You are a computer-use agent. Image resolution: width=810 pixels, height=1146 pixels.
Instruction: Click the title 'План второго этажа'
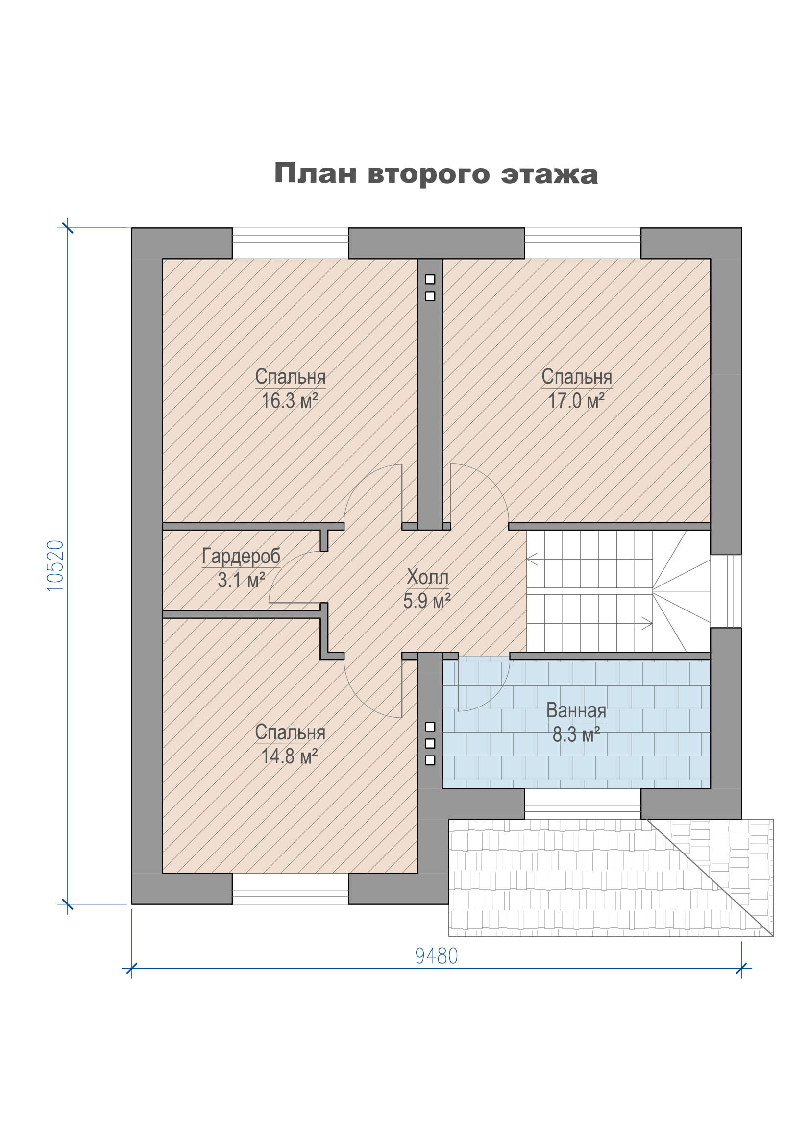[x=436, y=174]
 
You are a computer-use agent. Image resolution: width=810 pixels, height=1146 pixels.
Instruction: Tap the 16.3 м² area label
[x=290, y=401]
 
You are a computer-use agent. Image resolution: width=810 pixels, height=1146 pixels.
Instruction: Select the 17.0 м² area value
[x=576, y=401]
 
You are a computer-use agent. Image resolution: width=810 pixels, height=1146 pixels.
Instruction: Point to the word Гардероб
[x=241, y=557]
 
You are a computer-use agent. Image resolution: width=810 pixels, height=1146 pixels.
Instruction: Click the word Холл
[x=428, y=577]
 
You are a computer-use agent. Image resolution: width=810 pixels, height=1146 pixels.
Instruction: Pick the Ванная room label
[x=576, y=710]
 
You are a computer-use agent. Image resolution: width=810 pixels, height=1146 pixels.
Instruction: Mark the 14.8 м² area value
[x=290, y=756]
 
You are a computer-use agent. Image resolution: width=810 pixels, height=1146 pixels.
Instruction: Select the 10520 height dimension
[x=55, y=566]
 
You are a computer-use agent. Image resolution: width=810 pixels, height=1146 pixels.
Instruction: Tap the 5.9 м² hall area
[x=427, y=601]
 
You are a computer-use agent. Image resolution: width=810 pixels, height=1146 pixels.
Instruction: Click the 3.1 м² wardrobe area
[x=242, y=581]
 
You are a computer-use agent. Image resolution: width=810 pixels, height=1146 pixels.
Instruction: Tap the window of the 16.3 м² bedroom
[x=290, y=243]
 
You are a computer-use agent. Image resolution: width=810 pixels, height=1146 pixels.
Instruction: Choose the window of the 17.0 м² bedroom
[x=583, y=243]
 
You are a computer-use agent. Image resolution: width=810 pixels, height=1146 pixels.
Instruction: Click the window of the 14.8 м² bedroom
[x=290, y=888]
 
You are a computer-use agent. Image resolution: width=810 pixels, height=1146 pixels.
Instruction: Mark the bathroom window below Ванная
[x=583, y=804]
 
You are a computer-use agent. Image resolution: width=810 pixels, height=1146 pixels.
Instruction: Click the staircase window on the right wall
[x=726, y=591]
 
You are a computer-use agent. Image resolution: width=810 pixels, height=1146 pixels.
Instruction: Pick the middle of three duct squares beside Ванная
[x=430, y=743]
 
